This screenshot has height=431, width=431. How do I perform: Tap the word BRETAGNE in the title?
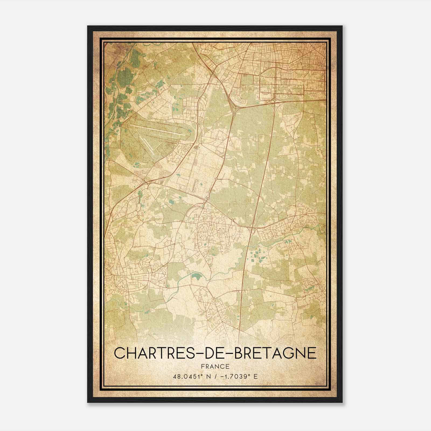(x=275, y=353)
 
